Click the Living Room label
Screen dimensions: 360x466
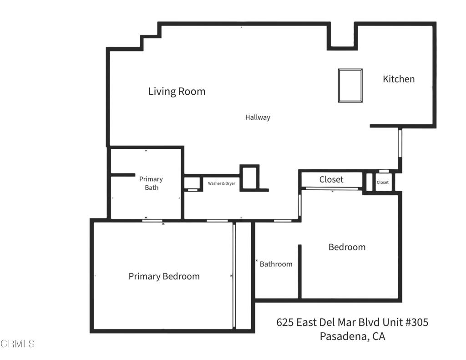coord(177,91)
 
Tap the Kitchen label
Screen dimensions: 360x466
coord(399,79)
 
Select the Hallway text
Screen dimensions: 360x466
coord(258,117)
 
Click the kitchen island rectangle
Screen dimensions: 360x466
coord(350,86)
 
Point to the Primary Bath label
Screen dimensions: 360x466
coord(151,183)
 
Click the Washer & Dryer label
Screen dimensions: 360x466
coord(222,183)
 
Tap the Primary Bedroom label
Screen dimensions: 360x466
coord(164,276)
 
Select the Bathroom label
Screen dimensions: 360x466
coord(276,264)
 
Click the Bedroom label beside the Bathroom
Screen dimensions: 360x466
coord(347,247)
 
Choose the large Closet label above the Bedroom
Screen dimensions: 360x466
coord(331,180)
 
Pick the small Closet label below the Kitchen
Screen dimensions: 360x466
coord(383,183)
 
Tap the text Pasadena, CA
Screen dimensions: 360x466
coord(352,337)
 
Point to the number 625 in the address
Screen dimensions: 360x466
coord(285,323)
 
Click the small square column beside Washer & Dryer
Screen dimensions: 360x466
coord(249,177)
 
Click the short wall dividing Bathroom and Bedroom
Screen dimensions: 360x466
coord(299,272)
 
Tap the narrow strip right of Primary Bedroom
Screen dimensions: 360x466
coord(244,275)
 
